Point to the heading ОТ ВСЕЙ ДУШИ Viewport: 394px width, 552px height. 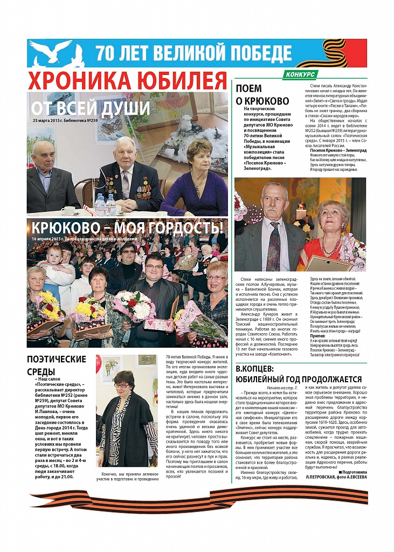(x=89, y=108)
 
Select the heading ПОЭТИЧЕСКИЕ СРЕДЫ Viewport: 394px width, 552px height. (x=56, y=365)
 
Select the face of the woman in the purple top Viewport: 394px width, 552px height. (x=199, y=155)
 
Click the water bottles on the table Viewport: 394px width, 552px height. (x=105, y=205)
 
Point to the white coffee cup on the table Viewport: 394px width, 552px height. (x=68, y=210)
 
